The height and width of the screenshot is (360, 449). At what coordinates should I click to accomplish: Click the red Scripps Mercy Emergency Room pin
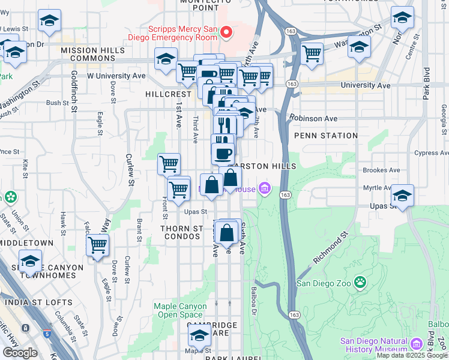click(226, 31)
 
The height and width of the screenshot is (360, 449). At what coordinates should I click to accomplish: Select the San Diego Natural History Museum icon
click(417, 344)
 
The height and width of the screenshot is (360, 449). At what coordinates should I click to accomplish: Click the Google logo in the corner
click(20, 353)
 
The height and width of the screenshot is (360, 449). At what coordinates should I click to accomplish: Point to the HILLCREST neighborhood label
click(169, 95)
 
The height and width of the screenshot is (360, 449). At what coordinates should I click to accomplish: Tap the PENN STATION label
click(326, 136)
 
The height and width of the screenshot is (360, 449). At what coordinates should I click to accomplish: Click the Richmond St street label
click(330, 249)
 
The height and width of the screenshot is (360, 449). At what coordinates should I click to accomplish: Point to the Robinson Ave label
click(313, 118)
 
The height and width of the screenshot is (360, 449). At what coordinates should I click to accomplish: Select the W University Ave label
click(116, 76)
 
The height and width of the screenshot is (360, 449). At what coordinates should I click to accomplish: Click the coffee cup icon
click(223, 152)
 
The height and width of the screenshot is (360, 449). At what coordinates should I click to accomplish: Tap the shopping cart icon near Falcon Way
click(97, 244)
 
